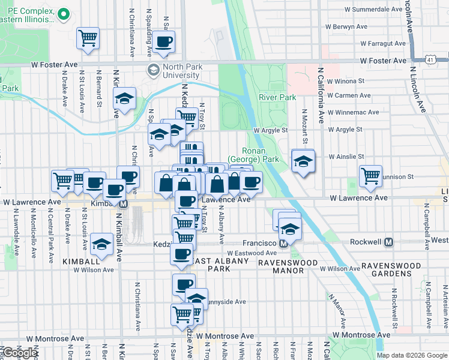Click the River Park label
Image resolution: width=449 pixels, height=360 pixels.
[x=277, y=97]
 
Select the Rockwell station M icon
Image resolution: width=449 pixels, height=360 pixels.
[x=388, y=242]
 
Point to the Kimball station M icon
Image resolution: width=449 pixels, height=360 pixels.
[x=124, y=204]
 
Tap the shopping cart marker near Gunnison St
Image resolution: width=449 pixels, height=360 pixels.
[x=371, y=176]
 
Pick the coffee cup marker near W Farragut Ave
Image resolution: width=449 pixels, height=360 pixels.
[x=163, y=42]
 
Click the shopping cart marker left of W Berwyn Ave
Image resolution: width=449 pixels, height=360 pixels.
[x=88, y=38]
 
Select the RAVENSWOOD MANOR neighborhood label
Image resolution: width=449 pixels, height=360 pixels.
[x=281, y=266]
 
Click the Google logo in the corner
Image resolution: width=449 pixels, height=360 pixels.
[x=20, y=352]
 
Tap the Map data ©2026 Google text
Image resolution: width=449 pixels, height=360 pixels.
[x=411, y=355]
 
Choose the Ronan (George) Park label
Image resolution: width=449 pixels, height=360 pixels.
[x=261, y=155]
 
